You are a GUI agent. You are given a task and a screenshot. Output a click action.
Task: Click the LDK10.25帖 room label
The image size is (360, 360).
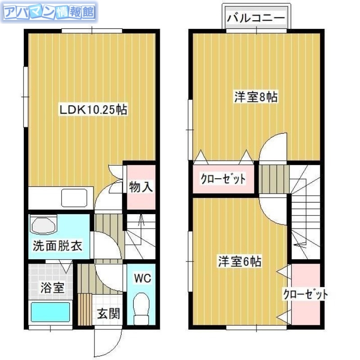click(x=94, y=109)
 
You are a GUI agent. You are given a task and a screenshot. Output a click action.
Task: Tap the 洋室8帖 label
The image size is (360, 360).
click(x=255, y=96)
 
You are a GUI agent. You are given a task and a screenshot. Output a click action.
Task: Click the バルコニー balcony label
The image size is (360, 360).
click(x=256, y=18)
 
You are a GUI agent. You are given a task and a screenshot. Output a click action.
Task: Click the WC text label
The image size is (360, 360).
click(x=142, y=278)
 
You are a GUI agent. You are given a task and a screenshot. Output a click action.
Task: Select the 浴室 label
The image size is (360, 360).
click(x=51, y=288)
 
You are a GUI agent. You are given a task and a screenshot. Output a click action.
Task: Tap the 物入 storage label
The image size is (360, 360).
click(x=141, y=186)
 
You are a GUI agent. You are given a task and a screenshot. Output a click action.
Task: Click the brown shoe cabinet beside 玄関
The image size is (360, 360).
click(x=85, y=308)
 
